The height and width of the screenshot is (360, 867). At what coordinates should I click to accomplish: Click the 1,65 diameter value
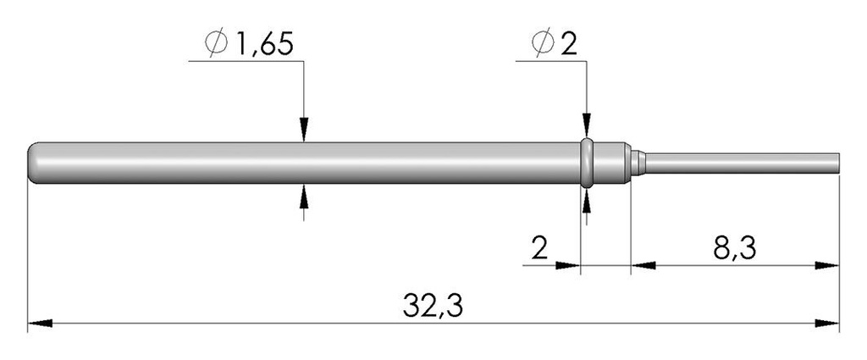(x=264, y=44)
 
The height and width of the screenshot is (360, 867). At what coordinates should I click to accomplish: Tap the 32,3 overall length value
(x=433, y=306)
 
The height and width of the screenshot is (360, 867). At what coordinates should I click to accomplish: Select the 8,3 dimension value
(x=734, y=249)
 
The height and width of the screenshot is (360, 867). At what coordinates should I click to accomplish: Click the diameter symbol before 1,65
(x=216, y=43)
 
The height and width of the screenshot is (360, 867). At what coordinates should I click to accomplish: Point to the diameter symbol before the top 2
(x=543, y=43)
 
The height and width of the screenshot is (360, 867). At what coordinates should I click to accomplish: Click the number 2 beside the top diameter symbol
(x=569, y=44)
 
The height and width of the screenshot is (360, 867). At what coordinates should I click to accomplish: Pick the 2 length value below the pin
(x=539, y=249)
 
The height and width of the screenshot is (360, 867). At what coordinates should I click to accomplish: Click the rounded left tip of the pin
(x=32, y=163)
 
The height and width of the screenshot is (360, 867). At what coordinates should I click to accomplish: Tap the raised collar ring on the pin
(x=587, y=163)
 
